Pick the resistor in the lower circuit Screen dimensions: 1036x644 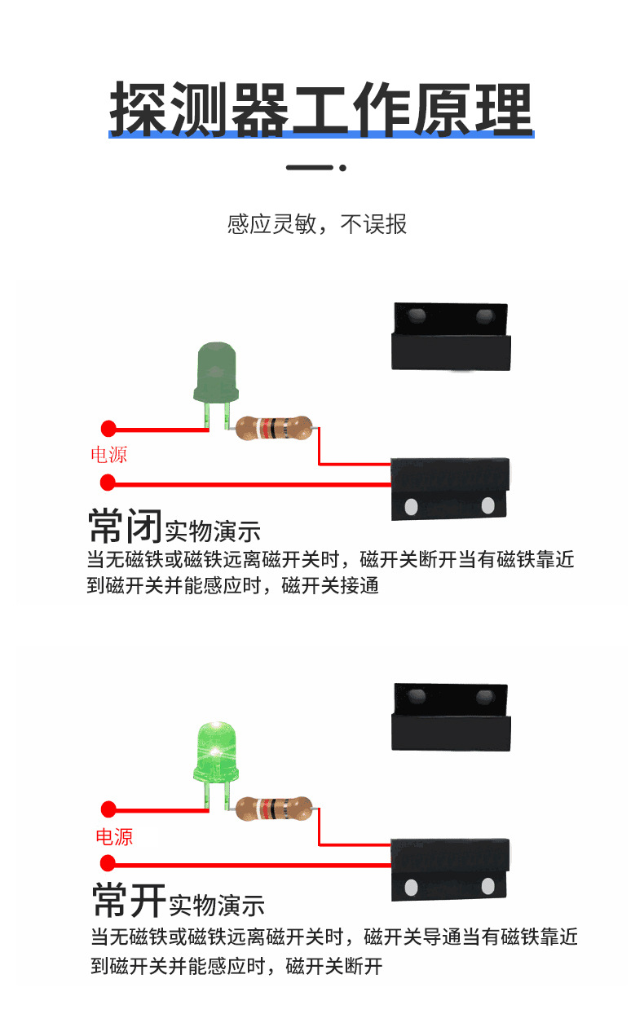tap(274, 809)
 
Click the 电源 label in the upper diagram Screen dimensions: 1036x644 tap(108, 455)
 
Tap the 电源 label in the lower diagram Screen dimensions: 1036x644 tap(113, 837)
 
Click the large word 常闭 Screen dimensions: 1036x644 tap(125, 526)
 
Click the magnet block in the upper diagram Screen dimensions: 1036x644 tap(452, 336)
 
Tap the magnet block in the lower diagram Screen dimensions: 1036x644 tap(452, 716)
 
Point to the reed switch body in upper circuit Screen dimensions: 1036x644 tap(451, 488)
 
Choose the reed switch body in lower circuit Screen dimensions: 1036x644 tap(451, 869)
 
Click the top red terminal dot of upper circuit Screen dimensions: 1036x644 tap(108, 428)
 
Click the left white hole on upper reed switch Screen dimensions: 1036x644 tap(412, 506)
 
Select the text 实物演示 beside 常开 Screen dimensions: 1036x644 tap(216, 905)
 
